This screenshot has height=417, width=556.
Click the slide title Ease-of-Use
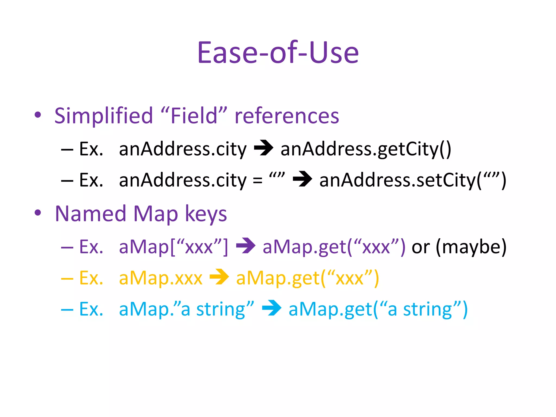278,53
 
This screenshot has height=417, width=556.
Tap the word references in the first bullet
287,116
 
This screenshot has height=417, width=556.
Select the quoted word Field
194,116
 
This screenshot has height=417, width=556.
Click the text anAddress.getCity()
366,149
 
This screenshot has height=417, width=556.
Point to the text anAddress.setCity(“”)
413,180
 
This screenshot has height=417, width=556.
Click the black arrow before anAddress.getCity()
263,148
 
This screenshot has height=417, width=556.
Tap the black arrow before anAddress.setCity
302,179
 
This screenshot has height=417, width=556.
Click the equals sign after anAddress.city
257,180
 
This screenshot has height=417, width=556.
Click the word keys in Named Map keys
206,214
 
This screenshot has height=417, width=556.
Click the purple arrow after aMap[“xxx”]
246,246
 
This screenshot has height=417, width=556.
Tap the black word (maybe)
471,247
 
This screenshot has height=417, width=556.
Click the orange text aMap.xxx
161,278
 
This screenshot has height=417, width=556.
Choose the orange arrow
219,277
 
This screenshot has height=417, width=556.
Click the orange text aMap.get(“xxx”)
307,278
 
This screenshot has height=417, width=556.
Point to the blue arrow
271,308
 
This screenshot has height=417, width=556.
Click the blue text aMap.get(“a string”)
378,309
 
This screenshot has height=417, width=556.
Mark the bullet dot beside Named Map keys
38,213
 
